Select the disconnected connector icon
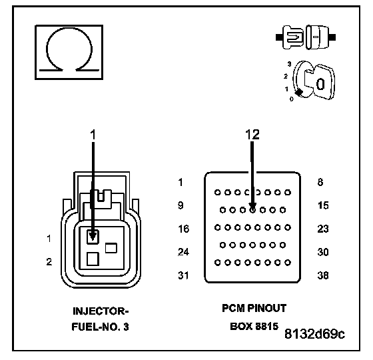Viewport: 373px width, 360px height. [306, 37]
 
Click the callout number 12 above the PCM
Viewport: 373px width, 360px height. [252, 135]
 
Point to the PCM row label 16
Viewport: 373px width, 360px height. [184, 229]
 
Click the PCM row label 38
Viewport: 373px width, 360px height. [323, 275]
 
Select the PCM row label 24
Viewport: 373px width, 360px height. [184, 252]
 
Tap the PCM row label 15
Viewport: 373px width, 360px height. [323, 205]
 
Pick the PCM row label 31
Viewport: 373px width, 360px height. [183, 275]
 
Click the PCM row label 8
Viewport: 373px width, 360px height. [320, 182]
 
